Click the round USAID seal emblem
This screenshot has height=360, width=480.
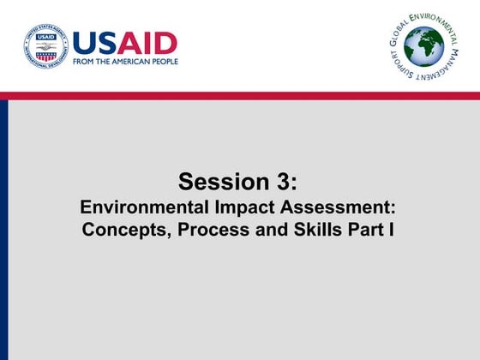click(x=45, y=46)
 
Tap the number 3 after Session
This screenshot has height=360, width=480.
click(x=284, y=182)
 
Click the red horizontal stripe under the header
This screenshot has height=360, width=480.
click(x=240, y=95)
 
